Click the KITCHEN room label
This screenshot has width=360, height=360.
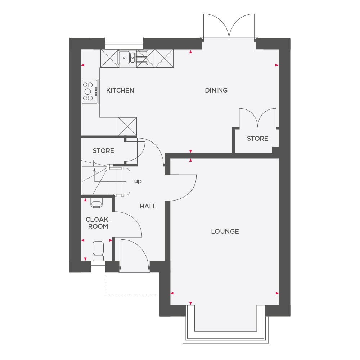click(x=120, y=90)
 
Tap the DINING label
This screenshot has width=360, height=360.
click(x=216, y=90)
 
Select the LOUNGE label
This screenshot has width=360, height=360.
click(x=225, y=231)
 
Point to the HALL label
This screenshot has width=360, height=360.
click(x=148, y=206)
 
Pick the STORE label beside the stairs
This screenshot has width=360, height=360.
click(x=103, y=151)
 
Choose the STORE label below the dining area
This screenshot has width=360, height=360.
click(x=257, y=139)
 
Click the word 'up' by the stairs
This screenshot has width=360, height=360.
click(x=138, y=181)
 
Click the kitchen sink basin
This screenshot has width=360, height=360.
click(x=124, y=57)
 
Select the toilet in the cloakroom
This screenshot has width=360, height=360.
click(x=98, y=251)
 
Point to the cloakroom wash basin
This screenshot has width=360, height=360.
click(x=96, y=204)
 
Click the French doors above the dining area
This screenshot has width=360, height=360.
click(x=229, y=26)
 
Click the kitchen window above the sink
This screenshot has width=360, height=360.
click(x=124, y=43)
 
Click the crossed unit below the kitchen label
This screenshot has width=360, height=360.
click(x=127, y=126)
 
